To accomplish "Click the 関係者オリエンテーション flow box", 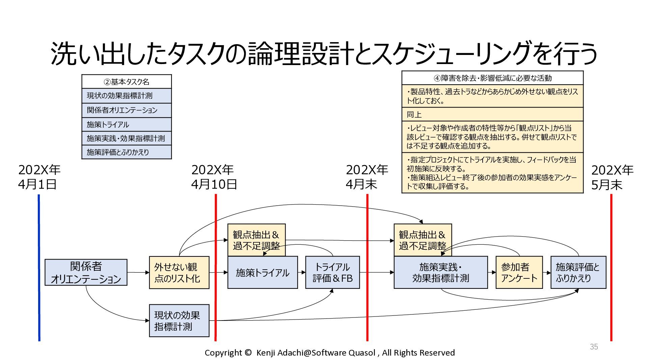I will pos(86,272).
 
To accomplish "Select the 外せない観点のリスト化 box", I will pos(179,272).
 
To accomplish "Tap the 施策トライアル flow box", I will pos(263,272).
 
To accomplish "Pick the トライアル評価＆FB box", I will pos(332,272).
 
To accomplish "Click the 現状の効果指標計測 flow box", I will pos(179,321).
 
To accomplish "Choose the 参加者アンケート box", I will pos(519,272).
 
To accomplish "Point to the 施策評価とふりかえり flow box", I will pos(578,272).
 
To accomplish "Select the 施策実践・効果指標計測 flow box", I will pos(441,272).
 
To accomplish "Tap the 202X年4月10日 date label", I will pos(214,177).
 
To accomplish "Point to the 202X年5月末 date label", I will pos(612,177).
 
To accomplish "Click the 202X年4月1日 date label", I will pos(39,177).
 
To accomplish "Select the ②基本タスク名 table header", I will pos(127,82).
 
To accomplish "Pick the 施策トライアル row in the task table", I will pos(127,124).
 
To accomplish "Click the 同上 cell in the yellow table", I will pos(492,114).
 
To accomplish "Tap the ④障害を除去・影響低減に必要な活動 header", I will pos(492,78).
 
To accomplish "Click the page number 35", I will pos(594,347).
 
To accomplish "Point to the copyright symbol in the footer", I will pos(248,353).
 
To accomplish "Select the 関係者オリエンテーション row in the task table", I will pos(127,110).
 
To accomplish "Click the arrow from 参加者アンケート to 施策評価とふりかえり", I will pos(547,272).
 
